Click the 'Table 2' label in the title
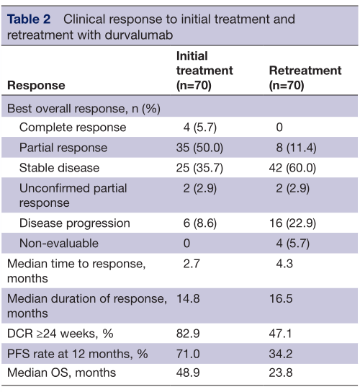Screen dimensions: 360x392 [29, 19]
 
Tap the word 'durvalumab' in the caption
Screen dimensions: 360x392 [139, 35]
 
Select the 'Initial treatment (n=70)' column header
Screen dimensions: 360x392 [204, 71]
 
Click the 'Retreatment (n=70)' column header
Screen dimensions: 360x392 [305, 78]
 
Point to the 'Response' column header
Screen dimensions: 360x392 [36, 86]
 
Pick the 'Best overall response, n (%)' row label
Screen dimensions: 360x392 [84, 109]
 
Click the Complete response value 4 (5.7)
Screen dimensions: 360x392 [200, 128]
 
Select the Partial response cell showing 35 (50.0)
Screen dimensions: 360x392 [199, 148]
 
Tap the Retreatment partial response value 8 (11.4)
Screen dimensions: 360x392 [296, 148]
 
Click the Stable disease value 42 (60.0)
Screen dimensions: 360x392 [292, 168]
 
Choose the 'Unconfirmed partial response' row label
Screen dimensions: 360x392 [73, 195]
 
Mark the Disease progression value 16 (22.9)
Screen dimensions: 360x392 [292, 223]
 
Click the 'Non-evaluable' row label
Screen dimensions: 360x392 [59, 244]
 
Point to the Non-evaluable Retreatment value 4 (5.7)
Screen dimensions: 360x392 [292, 244]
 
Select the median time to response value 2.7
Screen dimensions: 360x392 [192, 264]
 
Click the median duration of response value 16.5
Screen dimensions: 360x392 [281, 299]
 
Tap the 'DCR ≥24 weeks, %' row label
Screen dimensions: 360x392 [60, 334]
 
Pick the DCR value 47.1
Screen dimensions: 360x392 [280, 334]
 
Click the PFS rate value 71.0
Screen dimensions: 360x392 [188, 354]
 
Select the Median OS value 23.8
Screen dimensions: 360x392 [281, 373]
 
